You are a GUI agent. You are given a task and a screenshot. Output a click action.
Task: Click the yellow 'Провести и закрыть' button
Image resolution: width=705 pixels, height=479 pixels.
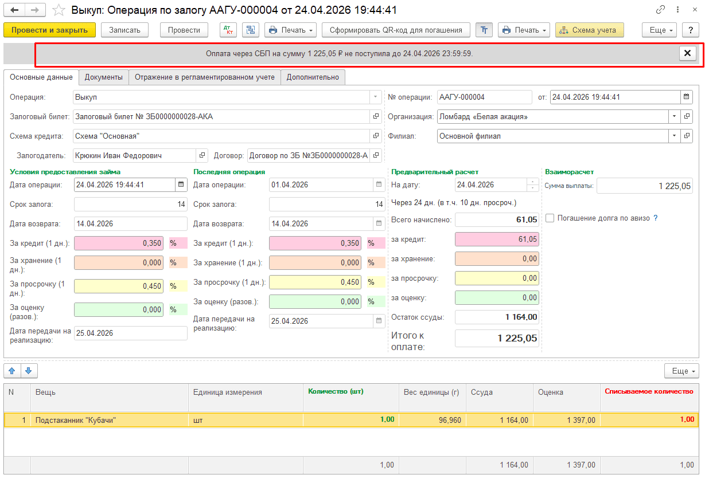tap(49, 30)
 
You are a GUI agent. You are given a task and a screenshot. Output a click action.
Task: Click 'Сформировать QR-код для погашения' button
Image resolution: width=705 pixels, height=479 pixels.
tap(396, 30)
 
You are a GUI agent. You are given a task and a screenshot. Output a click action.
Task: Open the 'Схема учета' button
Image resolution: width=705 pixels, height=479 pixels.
tap(589, 30)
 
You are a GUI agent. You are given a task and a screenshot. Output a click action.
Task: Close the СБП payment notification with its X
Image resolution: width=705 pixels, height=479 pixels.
tap(687, 53)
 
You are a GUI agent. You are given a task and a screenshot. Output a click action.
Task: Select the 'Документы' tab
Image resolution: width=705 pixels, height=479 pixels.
tap(104, 77)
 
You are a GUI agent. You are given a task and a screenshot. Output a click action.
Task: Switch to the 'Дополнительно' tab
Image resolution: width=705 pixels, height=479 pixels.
tap(313, 77)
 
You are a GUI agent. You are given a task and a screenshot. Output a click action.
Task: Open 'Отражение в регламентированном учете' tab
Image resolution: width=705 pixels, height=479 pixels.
tap(205, 77)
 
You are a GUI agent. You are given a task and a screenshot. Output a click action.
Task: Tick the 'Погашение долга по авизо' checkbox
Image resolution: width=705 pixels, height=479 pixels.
tap(550, 218)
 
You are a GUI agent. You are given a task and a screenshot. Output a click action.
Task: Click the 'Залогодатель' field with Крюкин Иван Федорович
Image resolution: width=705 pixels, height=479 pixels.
tap(135, 156)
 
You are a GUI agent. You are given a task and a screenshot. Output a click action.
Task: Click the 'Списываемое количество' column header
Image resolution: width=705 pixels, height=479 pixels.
tap(649, 392)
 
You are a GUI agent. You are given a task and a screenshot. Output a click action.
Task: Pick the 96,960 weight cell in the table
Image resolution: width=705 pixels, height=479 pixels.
tap(432, 420)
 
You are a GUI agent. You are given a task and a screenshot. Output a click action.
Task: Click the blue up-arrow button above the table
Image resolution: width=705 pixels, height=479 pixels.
tap(12, 371)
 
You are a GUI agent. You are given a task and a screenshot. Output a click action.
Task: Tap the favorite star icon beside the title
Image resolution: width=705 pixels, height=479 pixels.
tap(59, 10)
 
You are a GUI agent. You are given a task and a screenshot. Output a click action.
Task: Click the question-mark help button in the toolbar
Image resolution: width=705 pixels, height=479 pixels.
tap(691, 30)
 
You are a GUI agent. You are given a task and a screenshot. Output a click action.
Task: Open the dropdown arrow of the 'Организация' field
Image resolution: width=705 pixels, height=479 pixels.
tap(674, 117)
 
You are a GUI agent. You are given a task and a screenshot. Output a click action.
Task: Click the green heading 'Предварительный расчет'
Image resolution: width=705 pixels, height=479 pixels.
tap(435, 172)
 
